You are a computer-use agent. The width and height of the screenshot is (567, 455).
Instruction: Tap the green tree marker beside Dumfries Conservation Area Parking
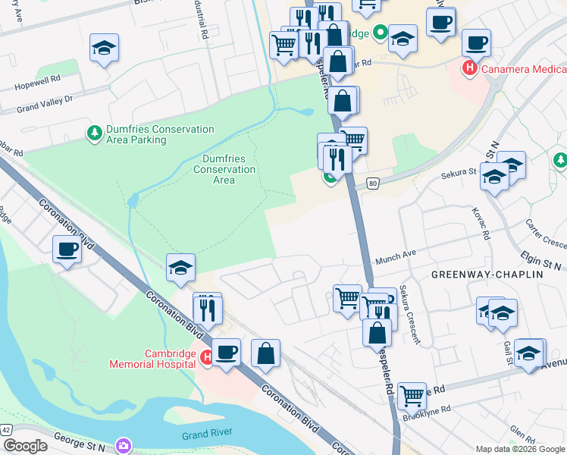[x=95, y=133]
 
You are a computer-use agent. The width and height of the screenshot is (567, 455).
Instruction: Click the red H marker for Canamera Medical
[x=469, y=68]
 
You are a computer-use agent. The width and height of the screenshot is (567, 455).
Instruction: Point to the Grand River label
[x=205, y=435]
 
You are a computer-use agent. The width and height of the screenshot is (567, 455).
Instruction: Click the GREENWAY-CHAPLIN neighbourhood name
[x=487, y=273]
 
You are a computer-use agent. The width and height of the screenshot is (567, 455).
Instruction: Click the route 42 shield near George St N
[x=6, y=429]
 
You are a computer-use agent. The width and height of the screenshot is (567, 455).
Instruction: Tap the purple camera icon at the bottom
[x=123, y=445]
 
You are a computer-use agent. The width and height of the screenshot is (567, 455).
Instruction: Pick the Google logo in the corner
[x=24, y=446]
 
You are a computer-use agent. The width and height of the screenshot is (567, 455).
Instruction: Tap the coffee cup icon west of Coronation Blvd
[x=67, y=249]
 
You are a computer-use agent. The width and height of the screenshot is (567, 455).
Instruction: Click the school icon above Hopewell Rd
[x=104, y=48]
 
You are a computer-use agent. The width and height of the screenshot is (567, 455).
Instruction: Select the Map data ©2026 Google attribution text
[x=520, y=449]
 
